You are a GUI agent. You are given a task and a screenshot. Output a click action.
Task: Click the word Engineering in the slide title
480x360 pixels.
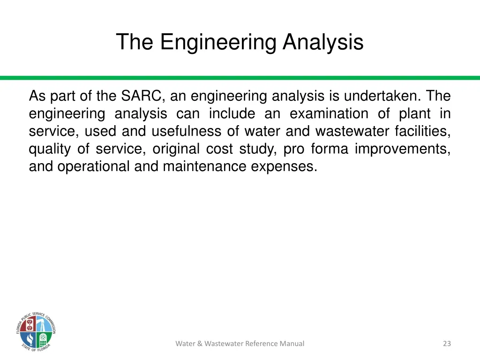pos(218,42)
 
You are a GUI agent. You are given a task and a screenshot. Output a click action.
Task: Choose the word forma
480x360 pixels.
pos(329,149)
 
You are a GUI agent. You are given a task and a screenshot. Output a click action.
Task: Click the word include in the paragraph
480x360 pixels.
pos(232,114)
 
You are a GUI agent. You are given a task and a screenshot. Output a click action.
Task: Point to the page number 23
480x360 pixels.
pos(447,344)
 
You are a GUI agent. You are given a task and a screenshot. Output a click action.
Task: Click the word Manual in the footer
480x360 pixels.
pos(292,344)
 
